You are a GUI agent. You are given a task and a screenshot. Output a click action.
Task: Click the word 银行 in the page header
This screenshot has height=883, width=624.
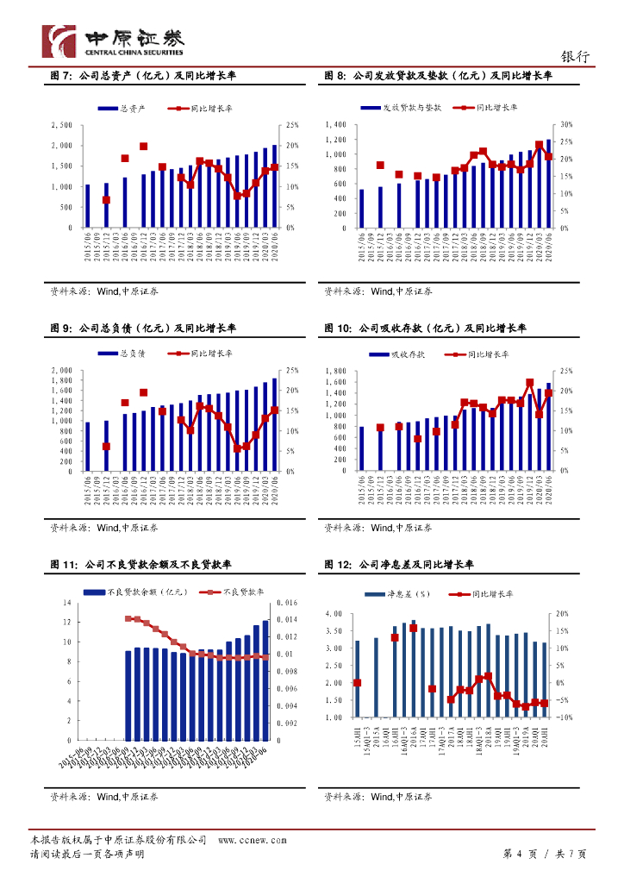point(575,57)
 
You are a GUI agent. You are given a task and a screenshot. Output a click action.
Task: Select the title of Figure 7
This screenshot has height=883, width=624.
point(143,77)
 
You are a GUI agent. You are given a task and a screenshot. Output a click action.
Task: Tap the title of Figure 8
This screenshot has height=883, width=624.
point(438,77)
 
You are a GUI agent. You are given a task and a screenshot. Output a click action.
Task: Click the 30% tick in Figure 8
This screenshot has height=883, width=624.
point(566,125)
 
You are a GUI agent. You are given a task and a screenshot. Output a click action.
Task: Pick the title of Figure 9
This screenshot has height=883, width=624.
point(143,329)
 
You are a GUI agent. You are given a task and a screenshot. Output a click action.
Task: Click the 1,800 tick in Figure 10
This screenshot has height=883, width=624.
point(334,371)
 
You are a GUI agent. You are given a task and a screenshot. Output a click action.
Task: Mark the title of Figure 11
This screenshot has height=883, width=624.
point(143,565)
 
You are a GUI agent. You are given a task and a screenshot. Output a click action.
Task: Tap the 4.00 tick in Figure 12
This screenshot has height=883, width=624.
point(333,614)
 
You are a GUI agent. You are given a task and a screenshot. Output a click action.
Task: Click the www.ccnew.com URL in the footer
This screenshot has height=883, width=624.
point(252,840)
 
